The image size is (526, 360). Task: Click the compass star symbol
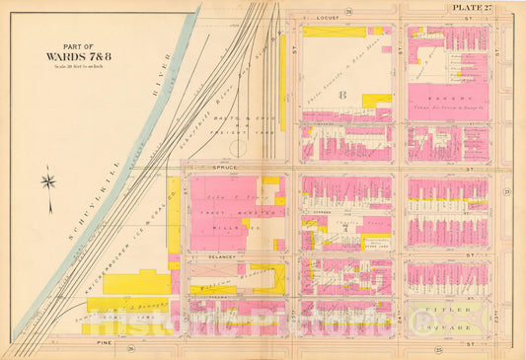coord(48,180)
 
